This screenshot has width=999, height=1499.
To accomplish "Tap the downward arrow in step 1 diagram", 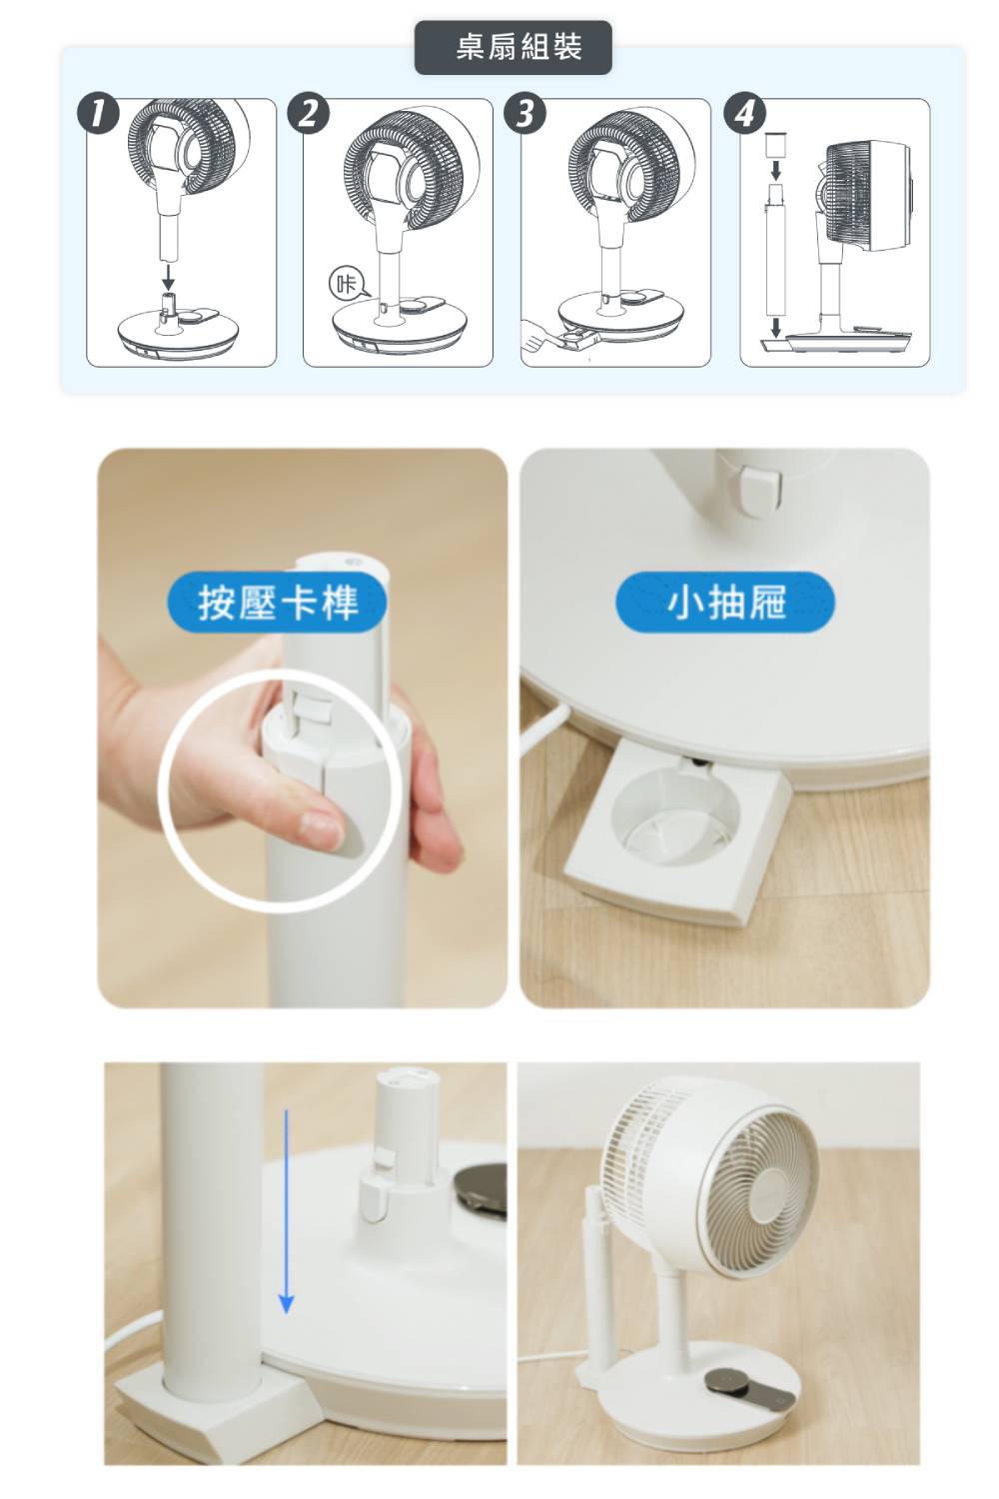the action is [169, 276].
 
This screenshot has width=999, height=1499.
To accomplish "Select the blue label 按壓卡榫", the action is [277, 603].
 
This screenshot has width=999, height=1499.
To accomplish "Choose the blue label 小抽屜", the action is [725, 603].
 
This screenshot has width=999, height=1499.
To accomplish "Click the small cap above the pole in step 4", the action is [775, 144].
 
